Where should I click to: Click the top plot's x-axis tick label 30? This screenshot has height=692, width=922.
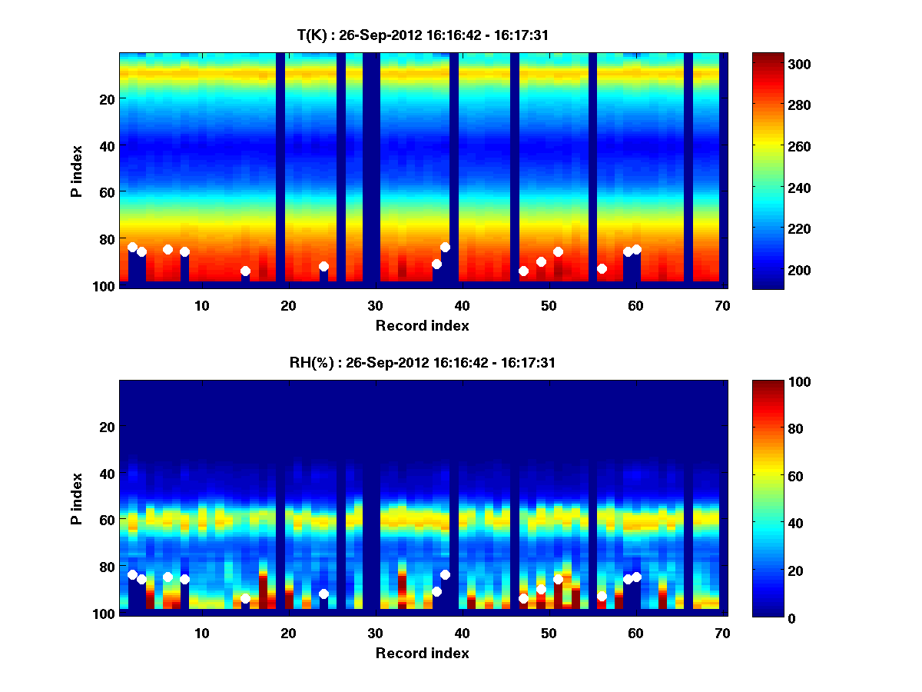375,305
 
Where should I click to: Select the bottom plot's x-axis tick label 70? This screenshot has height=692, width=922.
722,633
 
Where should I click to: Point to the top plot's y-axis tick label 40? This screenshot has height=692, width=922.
106,145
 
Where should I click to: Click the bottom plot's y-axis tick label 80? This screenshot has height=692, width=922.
106,567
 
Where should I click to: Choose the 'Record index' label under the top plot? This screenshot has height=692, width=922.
422,325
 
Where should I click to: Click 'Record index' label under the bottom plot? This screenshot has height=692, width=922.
422,653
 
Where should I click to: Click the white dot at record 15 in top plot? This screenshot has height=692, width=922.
245,271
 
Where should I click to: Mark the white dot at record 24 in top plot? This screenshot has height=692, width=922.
323,266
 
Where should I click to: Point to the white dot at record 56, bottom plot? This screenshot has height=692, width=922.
602,596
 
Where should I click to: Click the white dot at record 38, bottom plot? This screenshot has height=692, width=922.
445,574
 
